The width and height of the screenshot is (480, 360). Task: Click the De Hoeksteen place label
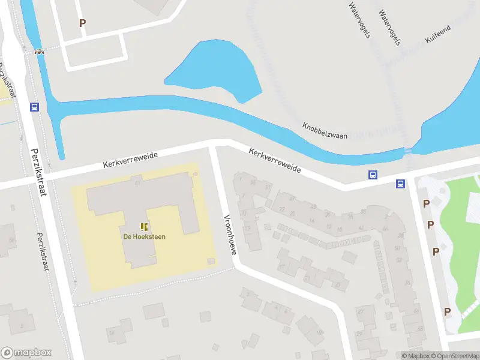point(144,236)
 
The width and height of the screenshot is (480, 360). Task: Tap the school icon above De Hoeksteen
point(144,226)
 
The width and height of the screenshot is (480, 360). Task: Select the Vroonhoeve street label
point(230,234)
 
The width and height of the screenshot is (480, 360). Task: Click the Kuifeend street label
point(437,34)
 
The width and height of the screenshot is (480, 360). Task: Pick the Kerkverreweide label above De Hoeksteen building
point(130,159)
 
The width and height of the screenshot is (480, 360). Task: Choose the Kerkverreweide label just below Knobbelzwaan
point(275,161)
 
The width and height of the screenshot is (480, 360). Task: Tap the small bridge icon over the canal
point(40,52)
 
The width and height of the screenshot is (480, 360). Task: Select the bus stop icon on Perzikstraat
point(34,107)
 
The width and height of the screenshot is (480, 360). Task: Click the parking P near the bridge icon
point(82,23)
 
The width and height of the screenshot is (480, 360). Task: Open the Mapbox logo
point(26,352)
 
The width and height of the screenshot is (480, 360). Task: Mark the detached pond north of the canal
point(216,69)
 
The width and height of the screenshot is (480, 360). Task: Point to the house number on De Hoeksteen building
point(138,182)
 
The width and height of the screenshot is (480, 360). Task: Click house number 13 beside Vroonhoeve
point(247,229)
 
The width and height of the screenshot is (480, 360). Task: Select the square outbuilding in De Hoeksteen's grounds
point(210,261)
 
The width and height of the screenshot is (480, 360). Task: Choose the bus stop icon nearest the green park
point(400,184)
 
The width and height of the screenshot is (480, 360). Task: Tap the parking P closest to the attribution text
point(447,311)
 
